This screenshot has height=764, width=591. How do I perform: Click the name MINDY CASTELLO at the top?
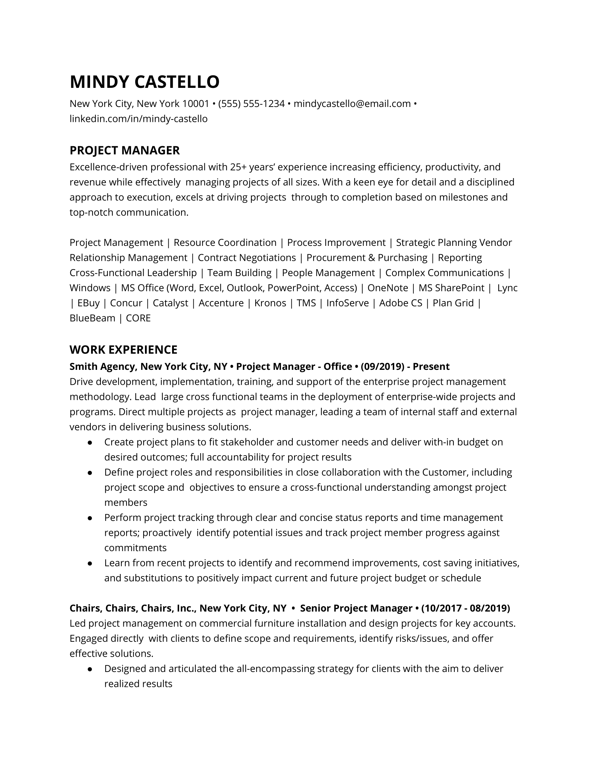145,82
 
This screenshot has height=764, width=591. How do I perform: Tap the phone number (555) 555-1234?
251,104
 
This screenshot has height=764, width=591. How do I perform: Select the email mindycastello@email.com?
352,104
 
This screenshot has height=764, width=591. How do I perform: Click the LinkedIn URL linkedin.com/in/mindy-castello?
138,119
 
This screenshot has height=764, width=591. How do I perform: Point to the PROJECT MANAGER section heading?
125,150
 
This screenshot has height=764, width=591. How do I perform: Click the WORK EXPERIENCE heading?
123,350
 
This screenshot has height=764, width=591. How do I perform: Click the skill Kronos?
270,303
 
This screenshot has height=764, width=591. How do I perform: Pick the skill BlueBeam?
92,318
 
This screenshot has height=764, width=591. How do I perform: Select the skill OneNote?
388,288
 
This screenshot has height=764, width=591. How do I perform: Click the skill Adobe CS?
400,303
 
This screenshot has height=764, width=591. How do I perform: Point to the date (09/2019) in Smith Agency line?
382,367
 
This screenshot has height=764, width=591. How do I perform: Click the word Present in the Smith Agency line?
431,367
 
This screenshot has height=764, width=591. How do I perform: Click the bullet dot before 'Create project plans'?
90,442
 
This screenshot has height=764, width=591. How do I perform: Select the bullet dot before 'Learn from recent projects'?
90,564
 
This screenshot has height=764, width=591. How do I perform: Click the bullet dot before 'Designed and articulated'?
90,669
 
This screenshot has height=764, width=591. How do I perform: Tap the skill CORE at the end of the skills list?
138,318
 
